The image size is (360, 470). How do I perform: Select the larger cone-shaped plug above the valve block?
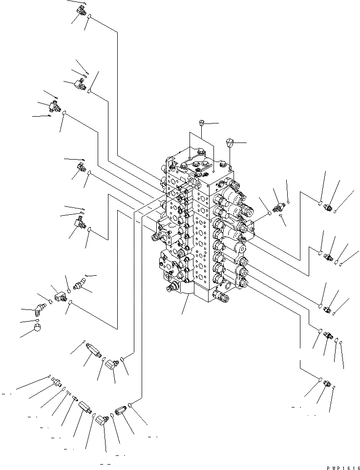point(231,143)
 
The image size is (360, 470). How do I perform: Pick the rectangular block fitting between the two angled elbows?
point(61,296)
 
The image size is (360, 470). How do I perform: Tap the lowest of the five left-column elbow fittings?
point(80,224)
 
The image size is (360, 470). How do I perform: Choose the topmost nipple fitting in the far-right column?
point(328,207)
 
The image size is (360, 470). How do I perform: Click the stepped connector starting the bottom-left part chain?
point(55,382)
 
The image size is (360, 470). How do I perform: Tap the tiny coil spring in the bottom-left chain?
point(69,393)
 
